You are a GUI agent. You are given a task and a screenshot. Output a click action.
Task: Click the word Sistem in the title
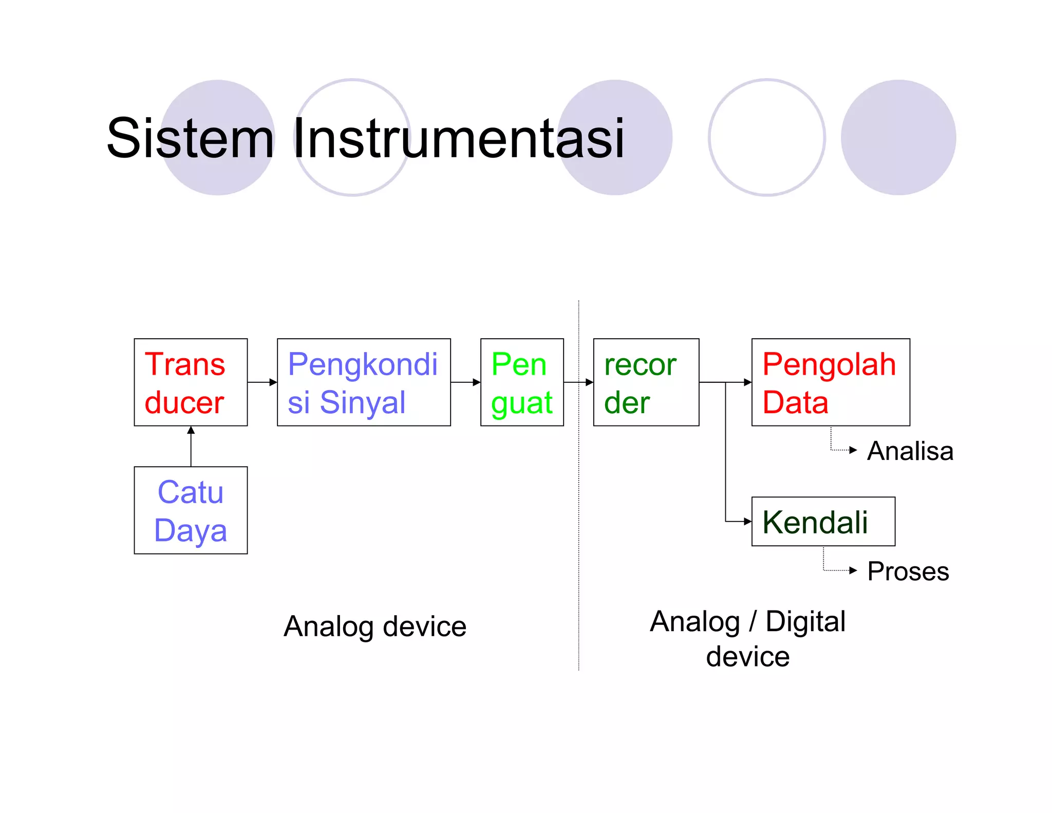click(x=190, y=138)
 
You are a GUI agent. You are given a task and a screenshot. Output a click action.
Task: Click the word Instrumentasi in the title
click(x=459, y=138)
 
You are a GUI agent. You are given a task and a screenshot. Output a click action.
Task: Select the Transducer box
click(x=191, y=382)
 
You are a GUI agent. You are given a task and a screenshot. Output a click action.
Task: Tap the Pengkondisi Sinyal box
click(x=364, y=382)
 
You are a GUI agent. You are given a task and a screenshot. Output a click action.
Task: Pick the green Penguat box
click(x=522, y=382)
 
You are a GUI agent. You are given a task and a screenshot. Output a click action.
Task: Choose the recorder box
click(x=646, y=382)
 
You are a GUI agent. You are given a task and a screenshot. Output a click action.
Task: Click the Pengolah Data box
click(x=830, y=382)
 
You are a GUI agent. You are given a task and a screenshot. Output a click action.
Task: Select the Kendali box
click(x=823, y=522)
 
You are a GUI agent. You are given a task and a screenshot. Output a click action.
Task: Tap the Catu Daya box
click(x=191, y=510)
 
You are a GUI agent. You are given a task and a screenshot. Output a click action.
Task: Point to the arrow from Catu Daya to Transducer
click(x=191, y=446)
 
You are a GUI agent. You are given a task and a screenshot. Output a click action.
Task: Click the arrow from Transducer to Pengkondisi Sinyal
click(x=262, y=382)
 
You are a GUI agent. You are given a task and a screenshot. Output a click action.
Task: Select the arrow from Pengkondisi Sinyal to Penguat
click(x=465, y=382)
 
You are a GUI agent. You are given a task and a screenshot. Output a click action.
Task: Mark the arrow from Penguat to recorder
click(x=578, y=382)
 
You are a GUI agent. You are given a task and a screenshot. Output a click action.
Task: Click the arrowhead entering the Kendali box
click(x=747, y=522)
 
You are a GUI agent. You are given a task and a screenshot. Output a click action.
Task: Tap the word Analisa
click(x=910, y=451)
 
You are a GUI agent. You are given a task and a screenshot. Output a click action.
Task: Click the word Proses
click(x=908, y=571)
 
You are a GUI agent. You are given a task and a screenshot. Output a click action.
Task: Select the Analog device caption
click(x=375, y=626)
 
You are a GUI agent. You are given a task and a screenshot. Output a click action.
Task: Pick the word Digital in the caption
click(x=805, y=622)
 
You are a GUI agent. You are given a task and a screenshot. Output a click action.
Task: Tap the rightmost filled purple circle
click(x=898, y=138)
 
